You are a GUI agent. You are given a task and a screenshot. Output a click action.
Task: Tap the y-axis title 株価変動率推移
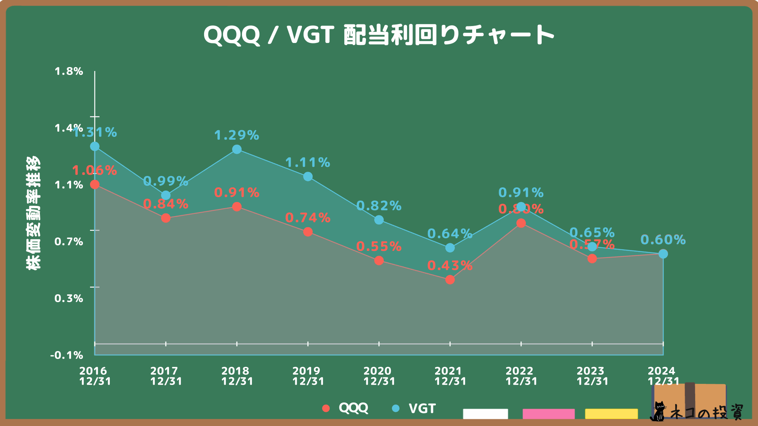pos(33,213)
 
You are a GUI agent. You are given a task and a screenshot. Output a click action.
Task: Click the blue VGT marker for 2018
pos(237,149)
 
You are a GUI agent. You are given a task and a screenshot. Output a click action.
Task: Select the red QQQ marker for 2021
pos(450,280)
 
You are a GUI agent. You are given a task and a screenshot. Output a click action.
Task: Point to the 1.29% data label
pos(236,135)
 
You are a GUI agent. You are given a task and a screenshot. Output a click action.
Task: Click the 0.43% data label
pos(450,265)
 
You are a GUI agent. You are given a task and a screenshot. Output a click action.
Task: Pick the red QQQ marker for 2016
pos(95,184)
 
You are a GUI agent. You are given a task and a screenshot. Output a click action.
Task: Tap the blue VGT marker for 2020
pos(379,220)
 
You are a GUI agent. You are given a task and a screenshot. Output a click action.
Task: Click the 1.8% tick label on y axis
pos(69,71)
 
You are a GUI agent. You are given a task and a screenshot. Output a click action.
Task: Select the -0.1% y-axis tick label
pos(67,355)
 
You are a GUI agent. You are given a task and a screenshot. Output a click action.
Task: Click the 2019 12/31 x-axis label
pos(308,376)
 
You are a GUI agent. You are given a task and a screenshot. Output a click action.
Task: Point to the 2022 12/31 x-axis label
pos(521,376)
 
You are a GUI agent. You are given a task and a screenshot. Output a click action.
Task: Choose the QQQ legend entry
pos(345,408)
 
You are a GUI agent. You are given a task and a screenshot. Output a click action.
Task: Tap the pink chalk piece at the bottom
pos(548,414)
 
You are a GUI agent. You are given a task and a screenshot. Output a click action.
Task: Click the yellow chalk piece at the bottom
pos(611,414)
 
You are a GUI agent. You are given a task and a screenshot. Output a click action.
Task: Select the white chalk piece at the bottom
pos(485,414)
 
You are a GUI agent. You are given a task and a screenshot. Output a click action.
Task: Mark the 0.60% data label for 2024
pos(663,239)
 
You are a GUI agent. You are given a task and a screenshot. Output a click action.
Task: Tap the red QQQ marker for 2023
pos(592,259)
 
